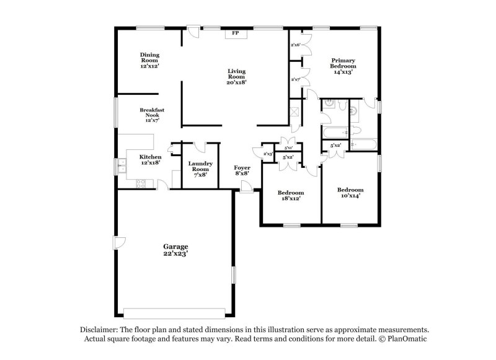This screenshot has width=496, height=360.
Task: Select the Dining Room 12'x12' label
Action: pos(149,59)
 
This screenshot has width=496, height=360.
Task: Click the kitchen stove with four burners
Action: pos(141,183)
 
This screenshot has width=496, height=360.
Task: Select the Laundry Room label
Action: pos(200,169)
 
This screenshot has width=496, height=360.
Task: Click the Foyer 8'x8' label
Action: pos(242,171)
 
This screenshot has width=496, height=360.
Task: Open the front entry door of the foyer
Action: pos(246,190)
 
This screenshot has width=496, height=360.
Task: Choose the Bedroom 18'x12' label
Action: pos(290,195)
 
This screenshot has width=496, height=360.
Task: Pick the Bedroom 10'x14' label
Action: pos(350,192)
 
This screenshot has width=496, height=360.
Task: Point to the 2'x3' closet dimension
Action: pos(268,154)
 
